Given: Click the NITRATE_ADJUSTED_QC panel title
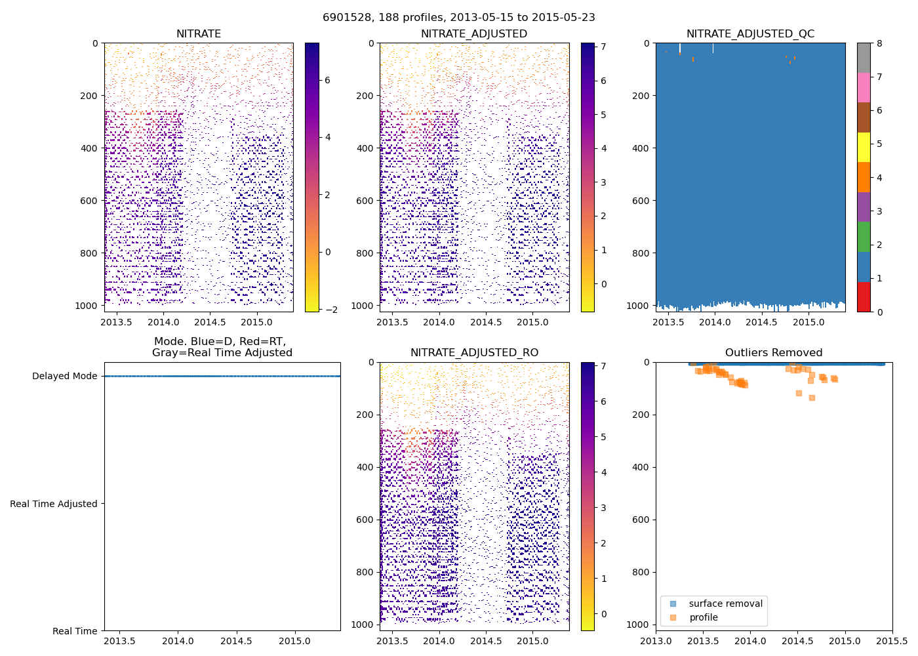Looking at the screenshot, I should point(750,34).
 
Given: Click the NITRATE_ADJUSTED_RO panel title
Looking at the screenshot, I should point(474,353).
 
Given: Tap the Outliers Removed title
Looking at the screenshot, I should point(774,353).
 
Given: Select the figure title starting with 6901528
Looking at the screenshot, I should point(459,18).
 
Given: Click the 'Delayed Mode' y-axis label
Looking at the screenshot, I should point(64,376).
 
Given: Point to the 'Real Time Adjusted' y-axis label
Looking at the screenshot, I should point(54,504).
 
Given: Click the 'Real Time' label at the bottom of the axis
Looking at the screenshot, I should point(75,631).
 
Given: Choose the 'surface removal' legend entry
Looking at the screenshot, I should point(725,604).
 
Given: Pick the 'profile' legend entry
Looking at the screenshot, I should point(703,617).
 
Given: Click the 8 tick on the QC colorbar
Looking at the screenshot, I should point(879,43).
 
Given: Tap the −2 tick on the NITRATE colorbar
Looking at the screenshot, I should point(331,310).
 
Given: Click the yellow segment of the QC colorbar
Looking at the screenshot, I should point(864,147).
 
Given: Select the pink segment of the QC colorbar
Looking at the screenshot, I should point(864,87).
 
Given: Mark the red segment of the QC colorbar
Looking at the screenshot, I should point(864,297).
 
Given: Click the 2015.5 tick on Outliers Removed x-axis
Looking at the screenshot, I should point(892,641).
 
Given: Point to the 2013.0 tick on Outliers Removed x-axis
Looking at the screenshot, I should point(656,641).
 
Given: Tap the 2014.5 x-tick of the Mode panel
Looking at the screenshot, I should point(236,641).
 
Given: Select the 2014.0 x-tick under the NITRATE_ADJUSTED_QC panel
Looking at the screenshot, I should point(715,322).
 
